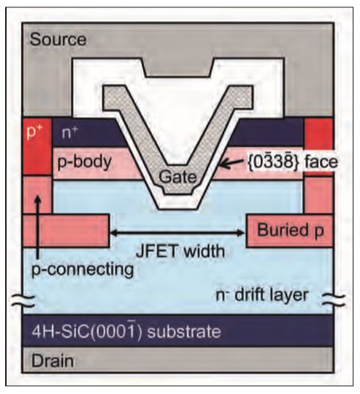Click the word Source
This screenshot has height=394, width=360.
point(58,40)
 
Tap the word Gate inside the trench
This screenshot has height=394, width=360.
point(177,177)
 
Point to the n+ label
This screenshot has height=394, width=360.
point(70,133)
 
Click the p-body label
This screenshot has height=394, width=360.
point(85,162)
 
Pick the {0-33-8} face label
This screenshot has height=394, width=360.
point(293,162)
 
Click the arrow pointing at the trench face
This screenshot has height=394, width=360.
point(231,163)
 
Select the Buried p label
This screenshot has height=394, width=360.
point(291,230)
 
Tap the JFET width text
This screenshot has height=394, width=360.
point(180,251)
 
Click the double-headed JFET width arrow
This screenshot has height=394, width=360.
point(177,233)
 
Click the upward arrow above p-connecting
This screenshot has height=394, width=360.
point(38,227)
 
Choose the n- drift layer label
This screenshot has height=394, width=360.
point(262,295)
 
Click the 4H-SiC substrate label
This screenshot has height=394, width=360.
point(126,331)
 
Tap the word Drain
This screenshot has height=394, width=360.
point(53,361)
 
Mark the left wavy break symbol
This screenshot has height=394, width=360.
point(23,300)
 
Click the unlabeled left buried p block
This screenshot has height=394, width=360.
point(66,231)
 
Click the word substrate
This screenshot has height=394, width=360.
point(184,332)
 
